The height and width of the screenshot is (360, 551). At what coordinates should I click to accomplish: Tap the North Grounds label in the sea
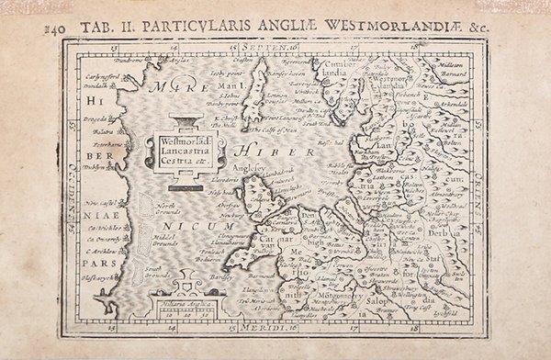tap(170, 210)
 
